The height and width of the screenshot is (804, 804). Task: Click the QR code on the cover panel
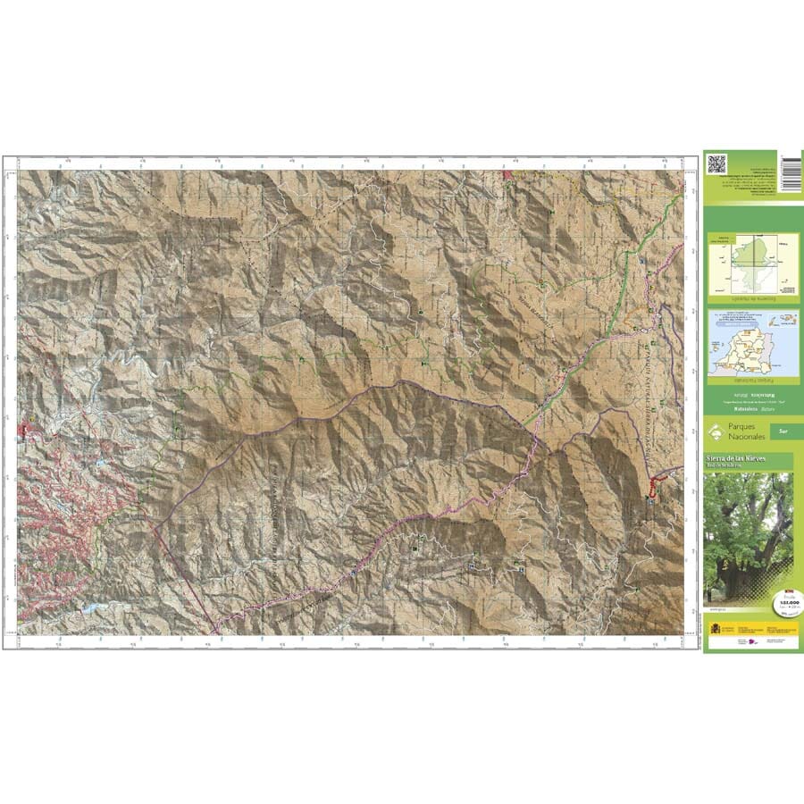(716, 163)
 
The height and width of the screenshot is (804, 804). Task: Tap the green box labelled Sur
(783, 431)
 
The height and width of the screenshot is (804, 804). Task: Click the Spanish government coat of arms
(714, 630)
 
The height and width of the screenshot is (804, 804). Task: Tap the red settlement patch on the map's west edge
(29, 434)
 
